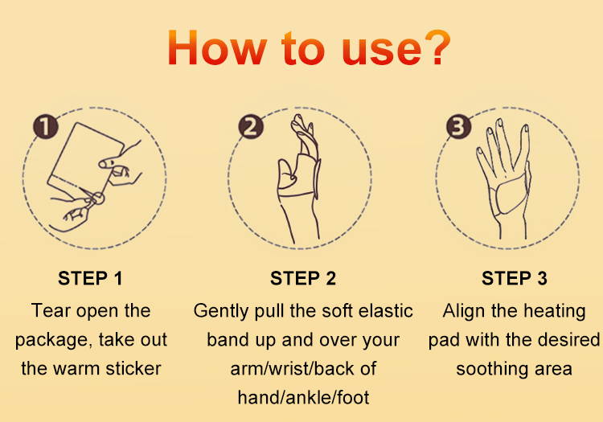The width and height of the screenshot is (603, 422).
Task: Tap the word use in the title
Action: [381, 52]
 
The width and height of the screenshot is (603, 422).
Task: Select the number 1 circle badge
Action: [45, 126]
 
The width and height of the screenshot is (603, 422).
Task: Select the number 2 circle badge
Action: [251, 126]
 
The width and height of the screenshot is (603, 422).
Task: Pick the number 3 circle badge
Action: [458, 126]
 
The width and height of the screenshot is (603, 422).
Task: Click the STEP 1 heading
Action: [90, 278]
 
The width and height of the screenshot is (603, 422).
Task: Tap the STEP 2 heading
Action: [303, 278]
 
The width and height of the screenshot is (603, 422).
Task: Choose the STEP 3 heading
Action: [515, 278]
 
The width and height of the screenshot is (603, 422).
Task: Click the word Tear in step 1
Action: [51, 310]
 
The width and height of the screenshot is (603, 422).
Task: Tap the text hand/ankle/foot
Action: [303, 397]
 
